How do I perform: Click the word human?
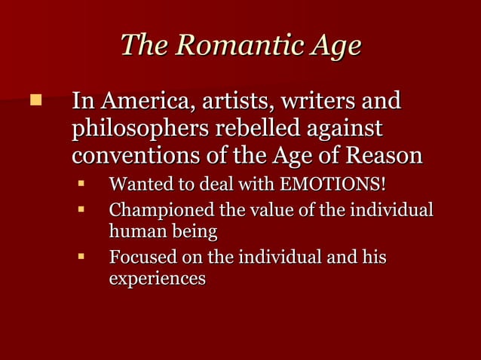pos(133,230)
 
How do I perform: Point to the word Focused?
pos(141,258)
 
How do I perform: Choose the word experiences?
pos(158,279)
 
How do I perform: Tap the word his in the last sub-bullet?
pos(373,258)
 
